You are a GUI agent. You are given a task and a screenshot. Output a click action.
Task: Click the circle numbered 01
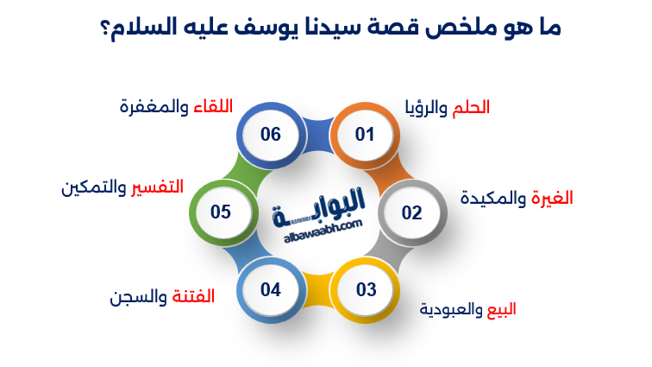[365, 135]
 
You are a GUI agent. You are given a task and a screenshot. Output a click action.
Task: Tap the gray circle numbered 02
[412, 212]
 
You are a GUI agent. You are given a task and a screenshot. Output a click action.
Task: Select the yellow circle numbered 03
[365, 290]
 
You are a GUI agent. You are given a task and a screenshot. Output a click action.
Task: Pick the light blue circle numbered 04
[271, 290]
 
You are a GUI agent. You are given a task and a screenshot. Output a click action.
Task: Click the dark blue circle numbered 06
[271, 135]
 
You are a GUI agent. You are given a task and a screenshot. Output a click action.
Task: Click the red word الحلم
[471, 107]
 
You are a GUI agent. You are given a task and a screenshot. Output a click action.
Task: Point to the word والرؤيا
[427, 108]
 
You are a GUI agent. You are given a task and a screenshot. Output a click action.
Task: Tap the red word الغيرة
[552, 198]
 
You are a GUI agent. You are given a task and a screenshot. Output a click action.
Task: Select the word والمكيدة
[493, 198]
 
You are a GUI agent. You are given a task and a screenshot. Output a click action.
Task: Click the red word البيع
[501, 309]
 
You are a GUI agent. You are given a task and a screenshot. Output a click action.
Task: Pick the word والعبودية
[451, 310]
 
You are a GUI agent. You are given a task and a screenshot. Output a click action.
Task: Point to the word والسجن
[138, 297]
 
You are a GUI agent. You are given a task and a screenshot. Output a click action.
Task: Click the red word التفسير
[157, 187]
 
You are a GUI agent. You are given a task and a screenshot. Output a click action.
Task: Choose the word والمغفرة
[154, 107]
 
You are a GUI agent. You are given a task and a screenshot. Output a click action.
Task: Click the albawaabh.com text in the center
[323, 231]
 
